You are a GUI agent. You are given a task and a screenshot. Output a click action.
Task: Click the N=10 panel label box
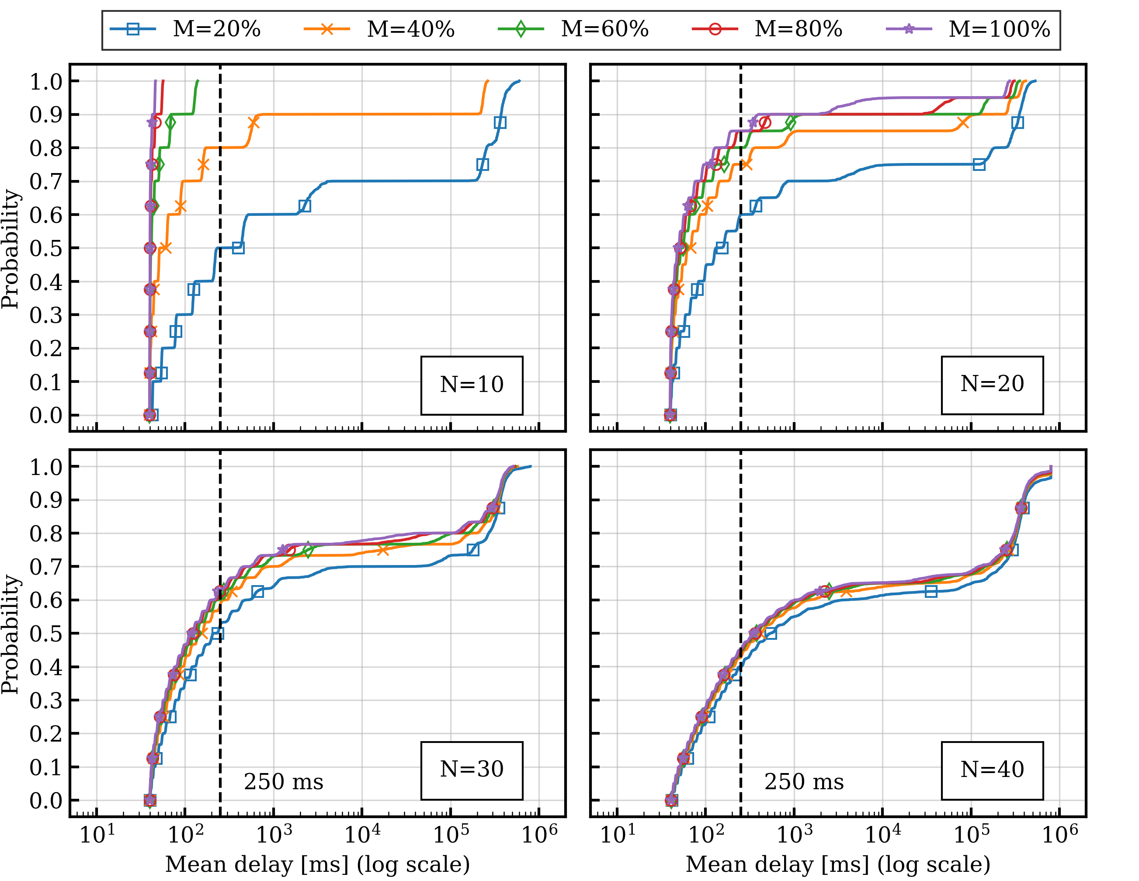pyautogui.click(x=472, y=385)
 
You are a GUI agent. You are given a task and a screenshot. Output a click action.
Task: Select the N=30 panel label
pyautogui.click(x=472, y=770)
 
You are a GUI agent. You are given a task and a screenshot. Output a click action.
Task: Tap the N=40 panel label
pyautogui.click(x=992, y=770)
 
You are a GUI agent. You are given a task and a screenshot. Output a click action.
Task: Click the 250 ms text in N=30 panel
pyautogui.click(x=284, y=782)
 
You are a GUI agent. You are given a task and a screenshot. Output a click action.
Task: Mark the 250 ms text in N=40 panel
pyautogui.click(x=804, y=782)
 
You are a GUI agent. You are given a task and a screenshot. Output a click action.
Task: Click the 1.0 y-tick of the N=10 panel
pyautogui.click(x=46, y=82)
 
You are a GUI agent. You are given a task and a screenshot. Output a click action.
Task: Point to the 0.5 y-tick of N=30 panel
pyautogui.click(x=46, y=634)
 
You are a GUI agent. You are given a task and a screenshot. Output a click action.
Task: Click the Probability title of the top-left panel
pyautogui.click(x=10, y=249)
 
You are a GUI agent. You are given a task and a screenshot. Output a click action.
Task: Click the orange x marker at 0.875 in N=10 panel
pyautogui.click(x=253, y=123)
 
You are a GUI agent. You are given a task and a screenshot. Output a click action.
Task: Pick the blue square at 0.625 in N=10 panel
pyautogui.click(x=305, y=206)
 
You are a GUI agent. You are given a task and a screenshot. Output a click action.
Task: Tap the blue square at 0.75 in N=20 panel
pyautogui.click(x=979, y=165)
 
